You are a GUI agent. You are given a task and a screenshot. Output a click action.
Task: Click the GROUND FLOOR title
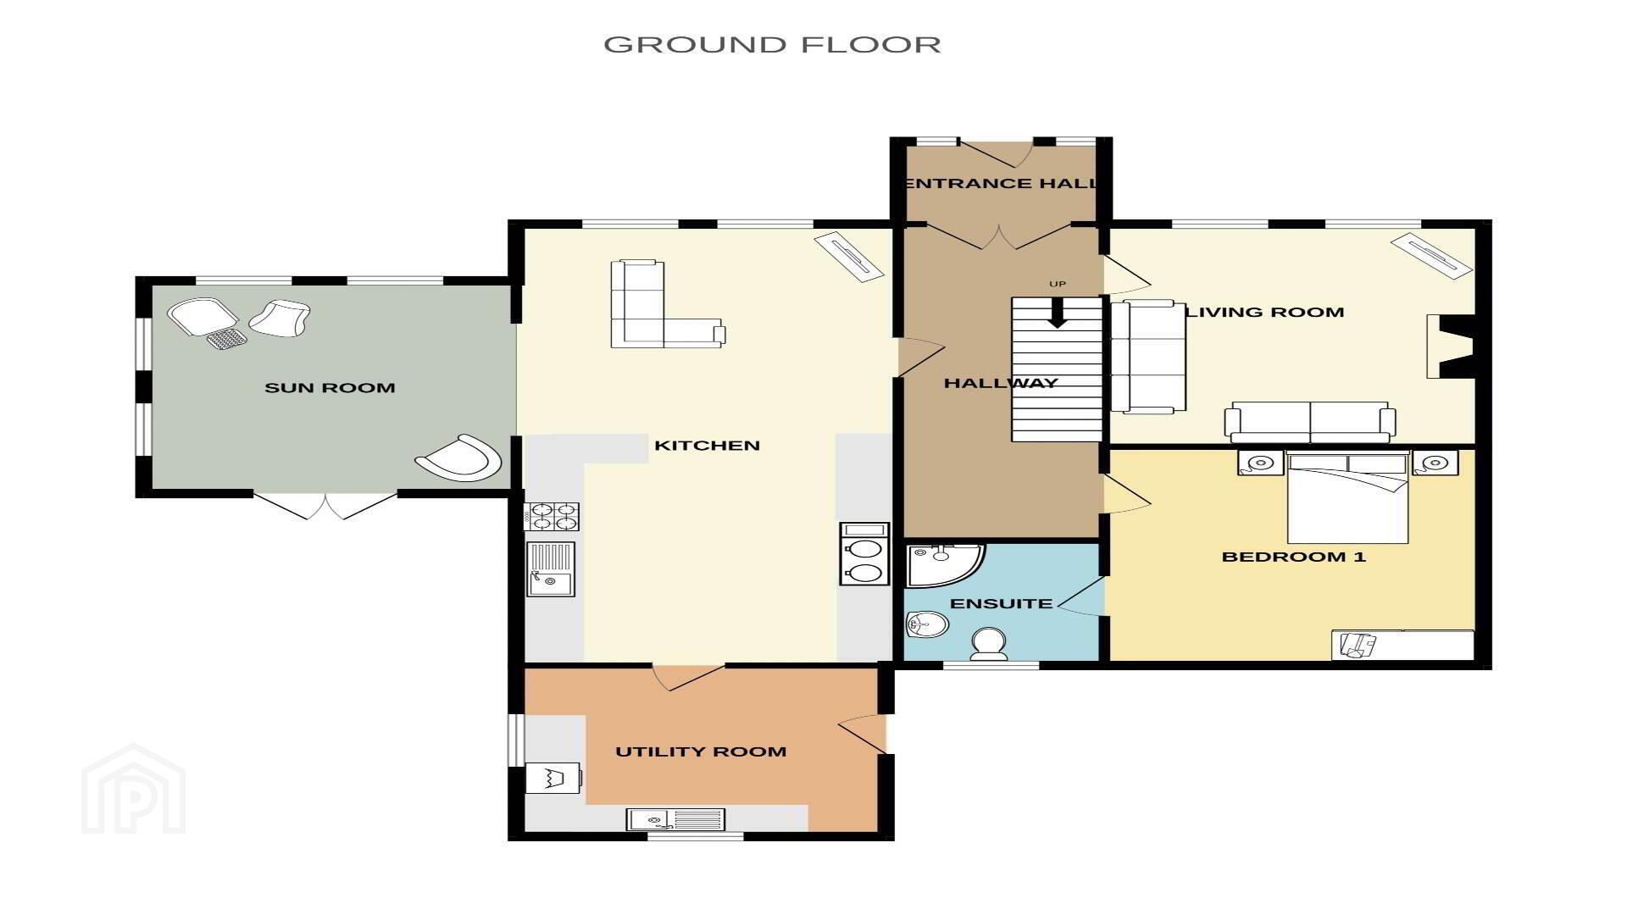click(772, 44)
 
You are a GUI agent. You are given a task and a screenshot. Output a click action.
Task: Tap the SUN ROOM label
click(330, 388)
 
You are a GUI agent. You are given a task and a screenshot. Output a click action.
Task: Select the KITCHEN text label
click(707, 446)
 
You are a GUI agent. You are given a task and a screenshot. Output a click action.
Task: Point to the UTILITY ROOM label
click(701, 751)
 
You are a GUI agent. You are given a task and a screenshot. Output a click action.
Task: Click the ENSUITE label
click(1001, 604)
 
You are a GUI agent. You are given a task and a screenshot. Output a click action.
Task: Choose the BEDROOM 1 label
click(1293, 557)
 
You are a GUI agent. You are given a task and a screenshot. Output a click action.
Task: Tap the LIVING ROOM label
click(1264, 312)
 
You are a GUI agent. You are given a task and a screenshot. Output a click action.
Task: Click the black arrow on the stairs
click(1057, 312)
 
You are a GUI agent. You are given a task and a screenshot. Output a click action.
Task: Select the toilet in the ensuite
click(989, 643)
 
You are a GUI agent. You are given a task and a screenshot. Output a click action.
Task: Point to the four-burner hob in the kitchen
click(552, 516)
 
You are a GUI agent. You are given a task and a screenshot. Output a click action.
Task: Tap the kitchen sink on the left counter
click(551, 568)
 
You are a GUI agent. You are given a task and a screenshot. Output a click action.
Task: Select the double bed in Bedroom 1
click(1347, 498)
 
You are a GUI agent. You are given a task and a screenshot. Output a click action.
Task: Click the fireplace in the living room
click(1451, 346)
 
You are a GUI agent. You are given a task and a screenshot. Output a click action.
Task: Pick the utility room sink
click(675, 819)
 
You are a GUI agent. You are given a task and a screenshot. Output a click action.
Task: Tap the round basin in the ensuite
click(927, 625)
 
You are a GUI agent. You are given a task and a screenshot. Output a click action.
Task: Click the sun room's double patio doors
click(326, 506)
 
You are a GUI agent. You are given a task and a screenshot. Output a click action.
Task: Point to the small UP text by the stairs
click(1057, 284)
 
